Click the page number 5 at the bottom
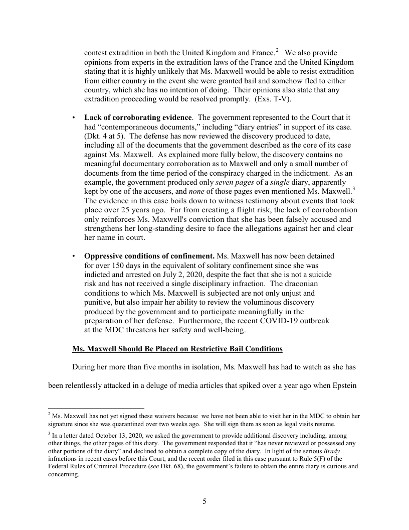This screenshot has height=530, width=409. pos(204,501)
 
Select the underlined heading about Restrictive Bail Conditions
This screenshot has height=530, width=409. pos(177,348)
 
